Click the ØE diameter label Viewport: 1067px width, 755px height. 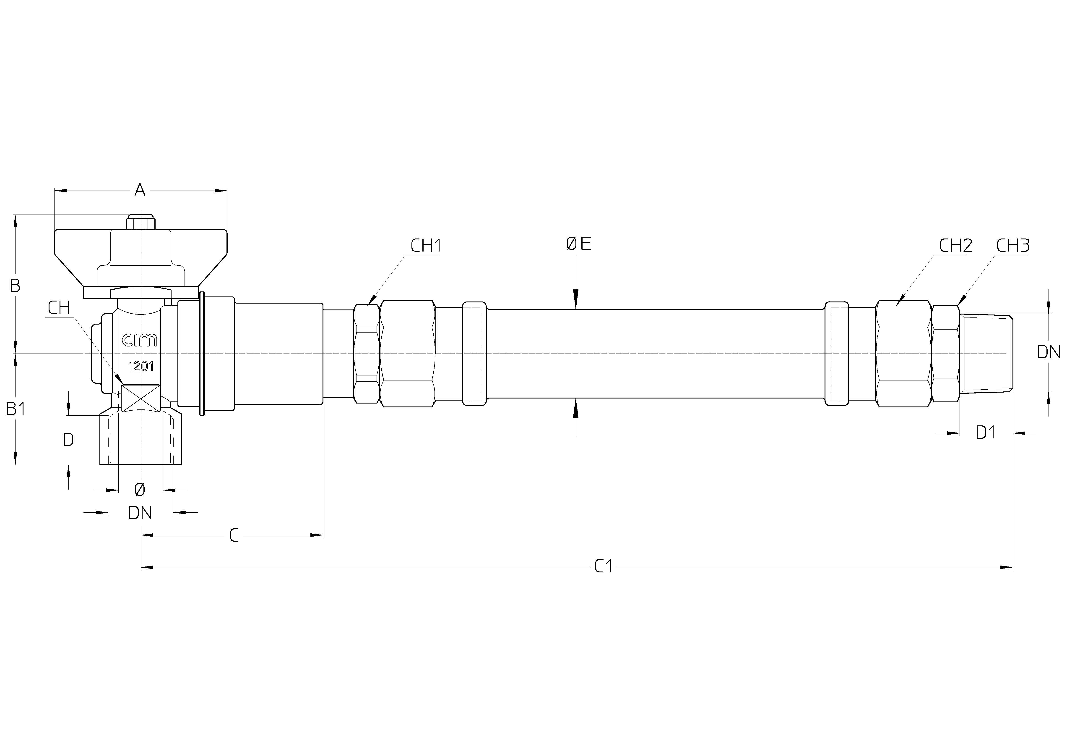point(579,244)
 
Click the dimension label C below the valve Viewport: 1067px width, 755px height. point(234,536)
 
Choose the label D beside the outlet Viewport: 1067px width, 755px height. point(68,439)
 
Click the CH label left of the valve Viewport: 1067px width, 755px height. point(59,308)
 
